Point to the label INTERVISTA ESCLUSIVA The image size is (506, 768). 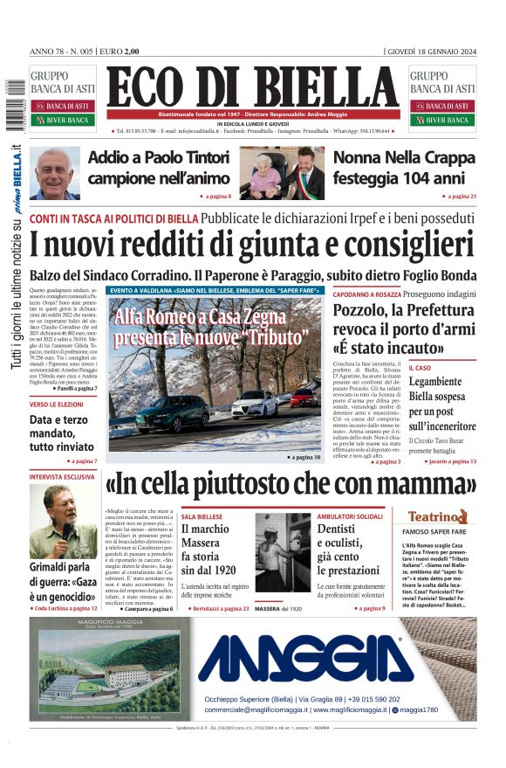click(x=62, y=478)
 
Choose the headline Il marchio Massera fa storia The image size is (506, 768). click(x=206, y=549)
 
